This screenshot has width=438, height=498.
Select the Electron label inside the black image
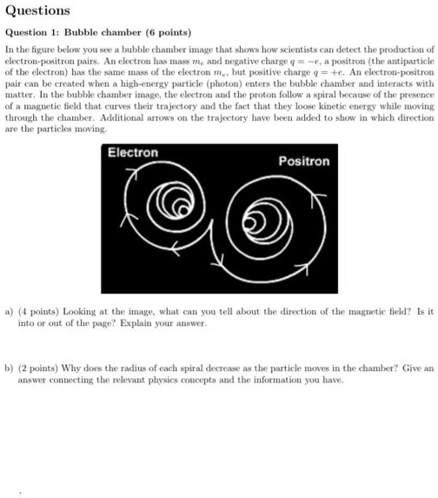pyautogui.click(x=132, y=152)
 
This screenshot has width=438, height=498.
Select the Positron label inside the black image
pyautogui.click(x=303, y=162)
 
